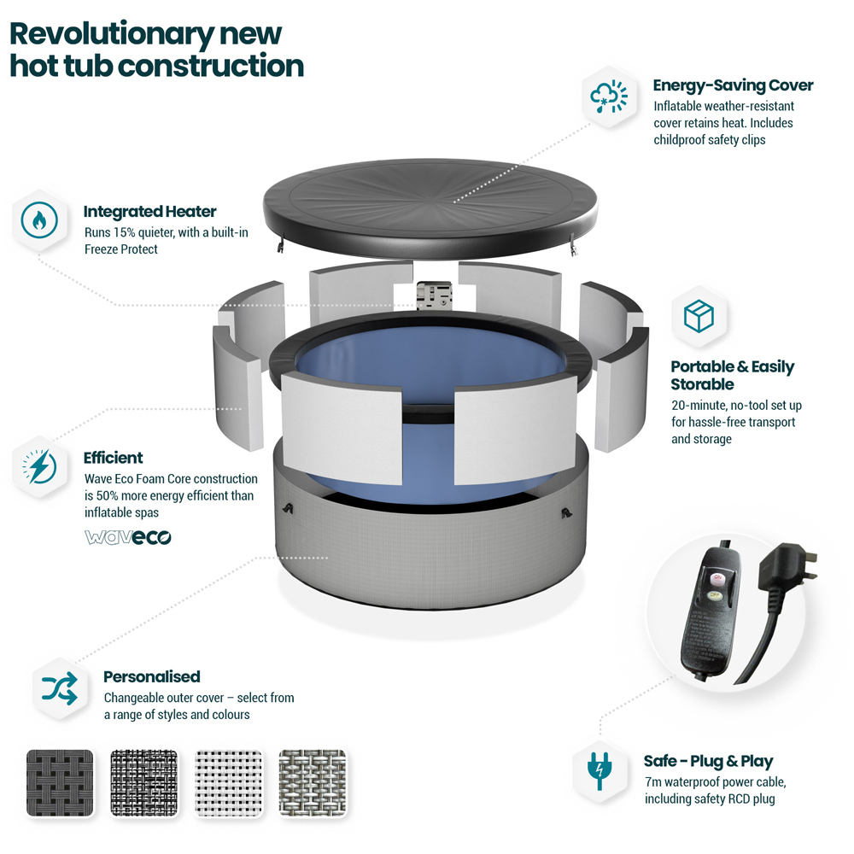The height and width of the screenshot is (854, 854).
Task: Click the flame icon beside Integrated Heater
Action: (x=39, y=220)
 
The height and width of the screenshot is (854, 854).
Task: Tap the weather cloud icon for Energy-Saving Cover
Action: (x=609, y=97)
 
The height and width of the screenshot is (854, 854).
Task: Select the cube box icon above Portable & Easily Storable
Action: (x=699, y=316)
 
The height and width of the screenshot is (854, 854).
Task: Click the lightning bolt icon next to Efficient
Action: (x=39, y=467)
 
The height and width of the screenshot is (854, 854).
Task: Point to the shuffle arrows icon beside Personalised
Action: (x=60, y=688)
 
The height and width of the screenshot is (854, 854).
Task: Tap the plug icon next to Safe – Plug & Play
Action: (x=600, y=770)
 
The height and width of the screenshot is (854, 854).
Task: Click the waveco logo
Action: (x=128, y=537)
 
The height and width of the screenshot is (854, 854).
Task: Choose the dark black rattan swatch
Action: (x=60, y=782)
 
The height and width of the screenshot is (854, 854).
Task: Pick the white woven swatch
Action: (x=228, y=782)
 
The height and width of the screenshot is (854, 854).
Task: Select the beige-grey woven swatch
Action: (x=313, y=782)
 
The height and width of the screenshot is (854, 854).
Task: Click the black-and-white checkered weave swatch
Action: (x=144, y=782)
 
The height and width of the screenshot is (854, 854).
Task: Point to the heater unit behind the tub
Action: (x=434, y=295)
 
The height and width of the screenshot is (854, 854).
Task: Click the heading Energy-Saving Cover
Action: (x=733, y=85)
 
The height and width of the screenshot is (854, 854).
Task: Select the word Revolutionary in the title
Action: (x=112, y=34)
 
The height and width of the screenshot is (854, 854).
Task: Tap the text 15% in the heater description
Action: (x=124, y=232)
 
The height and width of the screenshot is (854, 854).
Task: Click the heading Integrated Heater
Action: (x=149, y=211)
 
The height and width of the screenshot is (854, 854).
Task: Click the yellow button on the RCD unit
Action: (x=714, y=595)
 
